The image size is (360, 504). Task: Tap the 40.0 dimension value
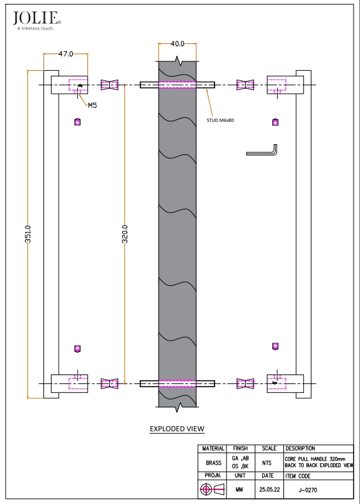point(177,44)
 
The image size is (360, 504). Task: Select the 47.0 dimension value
point(66,54)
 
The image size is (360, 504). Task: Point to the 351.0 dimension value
point(28,233)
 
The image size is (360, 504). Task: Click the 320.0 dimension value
point(125,233)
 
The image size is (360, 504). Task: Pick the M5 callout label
point(93,105)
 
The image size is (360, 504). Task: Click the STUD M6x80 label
point(220,121)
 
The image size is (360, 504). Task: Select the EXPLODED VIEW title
point(177,429)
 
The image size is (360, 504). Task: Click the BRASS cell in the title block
point(213,463)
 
